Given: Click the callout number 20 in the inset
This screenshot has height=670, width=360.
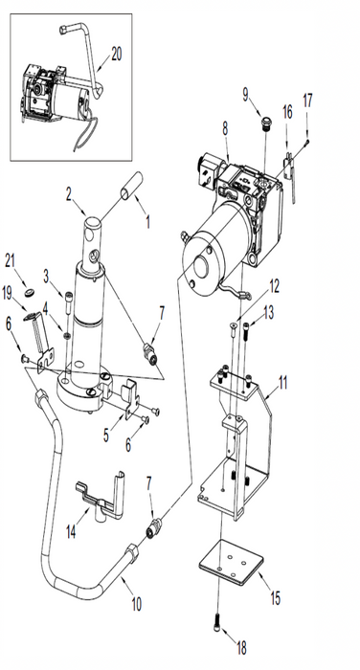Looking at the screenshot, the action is click(116, 54).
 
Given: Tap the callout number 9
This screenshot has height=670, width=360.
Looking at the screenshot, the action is click(245, 95).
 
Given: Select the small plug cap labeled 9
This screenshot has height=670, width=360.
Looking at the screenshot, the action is click(266, 123).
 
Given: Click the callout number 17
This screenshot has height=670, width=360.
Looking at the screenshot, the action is click(307, 100).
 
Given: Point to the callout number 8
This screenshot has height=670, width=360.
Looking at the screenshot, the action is click(225, 128).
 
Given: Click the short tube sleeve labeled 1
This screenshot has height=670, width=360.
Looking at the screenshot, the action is click(131, 186).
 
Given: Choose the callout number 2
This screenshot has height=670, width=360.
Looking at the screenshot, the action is click(69, 194).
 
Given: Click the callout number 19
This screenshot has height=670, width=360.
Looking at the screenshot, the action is click(8, 294).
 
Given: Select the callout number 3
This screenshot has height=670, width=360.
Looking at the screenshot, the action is click(46, 277).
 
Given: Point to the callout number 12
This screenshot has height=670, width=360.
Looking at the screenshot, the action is click(274, 287).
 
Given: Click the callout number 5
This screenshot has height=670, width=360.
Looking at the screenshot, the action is click(106, 435).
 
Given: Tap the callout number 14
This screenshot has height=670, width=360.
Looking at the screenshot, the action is click(71, 531).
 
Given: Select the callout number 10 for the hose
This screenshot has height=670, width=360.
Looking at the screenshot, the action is click(136, 604).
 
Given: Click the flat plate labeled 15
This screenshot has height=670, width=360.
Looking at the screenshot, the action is click(231, 562).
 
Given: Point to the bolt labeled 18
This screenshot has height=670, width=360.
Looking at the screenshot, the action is click(217, 623).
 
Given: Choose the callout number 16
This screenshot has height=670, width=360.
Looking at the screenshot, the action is click(287, 112).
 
